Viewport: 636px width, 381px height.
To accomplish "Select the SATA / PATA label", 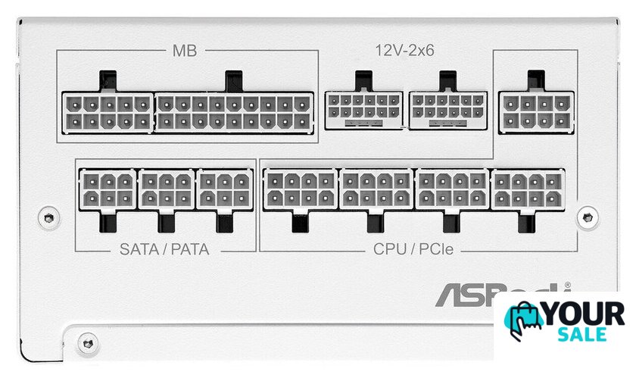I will [164, 248].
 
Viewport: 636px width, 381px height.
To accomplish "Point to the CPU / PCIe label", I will [413, 248].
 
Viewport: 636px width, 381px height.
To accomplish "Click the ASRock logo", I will [500, 294].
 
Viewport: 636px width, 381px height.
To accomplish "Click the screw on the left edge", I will [50, 217].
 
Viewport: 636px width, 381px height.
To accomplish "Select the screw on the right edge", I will [585, 217].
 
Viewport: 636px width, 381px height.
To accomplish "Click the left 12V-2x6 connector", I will [363, 109].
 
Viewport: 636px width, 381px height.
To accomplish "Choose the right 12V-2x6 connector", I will [447, 109].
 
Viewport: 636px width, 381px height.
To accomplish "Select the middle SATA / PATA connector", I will [166, 189].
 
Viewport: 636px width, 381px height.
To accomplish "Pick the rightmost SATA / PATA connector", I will [224, 189].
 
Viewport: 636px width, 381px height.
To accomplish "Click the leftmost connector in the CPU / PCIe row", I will [300, 189].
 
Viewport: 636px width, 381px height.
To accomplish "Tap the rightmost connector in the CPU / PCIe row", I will [528, 189].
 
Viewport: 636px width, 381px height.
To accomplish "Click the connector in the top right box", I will [536, 111].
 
